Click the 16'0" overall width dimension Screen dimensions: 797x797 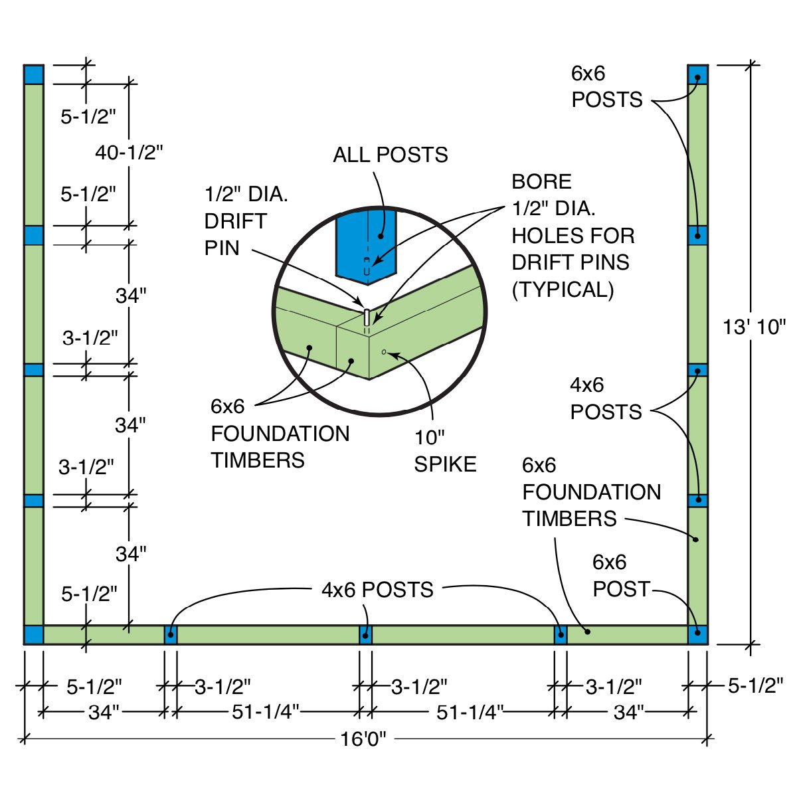(363, 739)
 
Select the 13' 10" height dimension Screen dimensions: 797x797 (754, 327)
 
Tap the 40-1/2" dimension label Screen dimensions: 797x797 (129, 153)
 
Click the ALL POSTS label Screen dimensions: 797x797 (391, 155)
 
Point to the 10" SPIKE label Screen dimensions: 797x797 (445, 451)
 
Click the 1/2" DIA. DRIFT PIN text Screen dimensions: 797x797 (246, 221)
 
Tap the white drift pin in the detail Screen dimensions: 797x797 (366, 317)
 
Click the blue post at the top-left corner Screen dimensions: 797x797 (34, 74)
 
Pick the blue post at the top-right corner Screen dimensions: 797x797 (697, 74)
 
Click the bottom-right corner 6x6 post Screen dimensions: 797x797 (697, 634)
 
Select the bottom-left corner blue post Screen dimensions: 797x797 (34, 634)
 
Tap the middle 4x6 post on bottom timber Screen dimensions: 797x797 (365, 635)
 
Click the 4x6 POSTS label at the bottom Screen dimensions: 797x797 (377, 590)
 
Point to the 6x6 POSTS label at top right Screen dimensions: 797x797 (606, 86)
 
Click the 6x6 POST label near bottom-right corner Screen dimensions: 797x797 (620, 576)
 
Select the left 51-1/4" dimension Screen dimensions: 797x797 (266, 712)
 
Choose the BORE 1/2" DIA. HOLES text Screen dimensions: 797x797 (573, 235)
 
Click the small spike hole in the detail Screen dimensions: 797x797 (384, 351)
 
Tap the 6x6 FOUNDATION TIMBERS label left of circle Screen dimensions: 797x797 (279, 433)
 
